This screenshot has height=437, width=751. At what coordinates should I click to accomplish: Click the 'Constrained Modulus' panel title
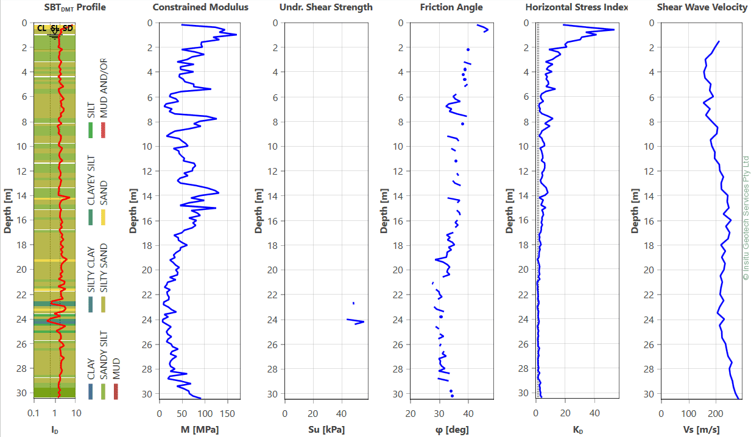pyautogui.click(x=200, y=7)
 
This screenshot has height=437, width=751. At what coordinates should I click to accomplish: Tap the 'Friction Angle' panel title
pyautogui.click(x=451, y=7)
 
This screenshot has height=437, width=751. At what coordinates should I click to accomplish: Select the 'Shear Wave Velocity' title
pyautogui.click(x=702, y=7)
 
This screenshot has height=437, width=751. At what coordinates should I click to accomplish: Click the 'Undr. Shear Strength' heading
pyautogui.click(x=326, y=7)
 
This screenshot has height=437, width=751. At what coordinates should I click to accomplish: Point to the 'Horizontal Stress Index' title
pyautogui.click(x=577, y=7)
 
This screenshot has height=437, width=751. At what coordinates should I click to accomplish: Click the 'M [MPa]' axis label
pyautogui.click(x=200, y=430)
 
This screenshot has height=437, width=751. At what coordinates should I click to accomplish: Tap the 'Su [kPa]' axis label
pyautogui.click(x=325, y=430)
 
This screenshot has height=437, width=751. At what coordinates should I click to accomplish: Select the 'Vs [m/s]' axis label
pyautogui.click(x=702, y=430)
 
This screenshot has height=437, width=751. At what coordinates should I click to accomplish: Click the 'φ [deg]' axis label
pyautogui.click(x=451, y=430)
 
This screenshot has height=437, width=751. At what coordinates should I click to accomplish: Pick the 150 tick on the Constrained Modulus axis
pyautogui.click(x=227, y=413)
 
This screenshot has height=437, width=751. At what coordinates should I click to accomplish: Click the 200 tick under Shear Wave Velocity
pyautogui.click(x=716, y=413)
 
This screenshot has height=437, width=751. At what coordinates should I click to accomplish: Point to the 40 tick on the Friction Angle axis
pyautogui.click(x=468, y=413)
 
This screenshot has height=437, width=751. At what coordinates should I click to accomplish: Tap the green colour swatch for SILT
pyautogui.click(x=91, y=130)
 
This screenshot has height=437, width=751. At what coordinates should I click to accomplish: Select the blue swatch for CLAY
pyautogui.click(x=91, y=391)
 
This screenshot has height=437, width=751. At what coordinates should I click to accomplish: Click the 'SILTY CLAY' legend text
pyautogui.click(x=91, y=268)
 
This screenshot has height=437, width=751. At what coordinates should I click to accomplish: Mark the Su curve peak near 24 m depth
pyautogui.click(x=363, y=321)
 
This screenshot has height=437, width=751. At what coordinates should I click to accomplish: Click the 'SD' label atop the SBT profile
pyautogui.click(x=68, y=29)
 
